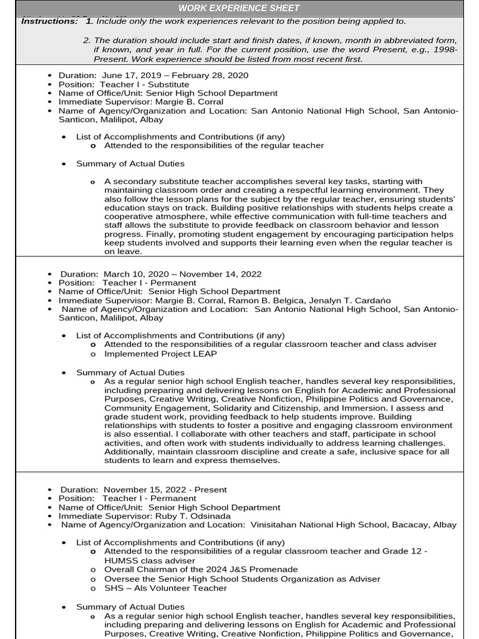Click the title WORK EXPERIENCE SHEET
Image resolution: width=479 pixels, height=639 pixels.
(x=239, y=8)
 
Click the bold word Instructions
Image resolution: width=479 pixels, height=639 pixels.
(x=49, y=21)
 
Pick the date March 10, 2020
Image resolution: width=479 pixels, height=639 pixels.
(x=133, y=274)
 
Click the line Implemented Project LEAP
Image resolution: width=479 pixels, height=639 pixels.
(x=160, y=354)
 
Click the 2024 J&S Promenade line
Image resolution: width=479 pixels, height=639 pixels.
(x=201, y=570)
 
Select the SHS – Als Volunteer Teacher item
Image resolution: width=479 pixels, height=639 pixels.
(x=165, y=588)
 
